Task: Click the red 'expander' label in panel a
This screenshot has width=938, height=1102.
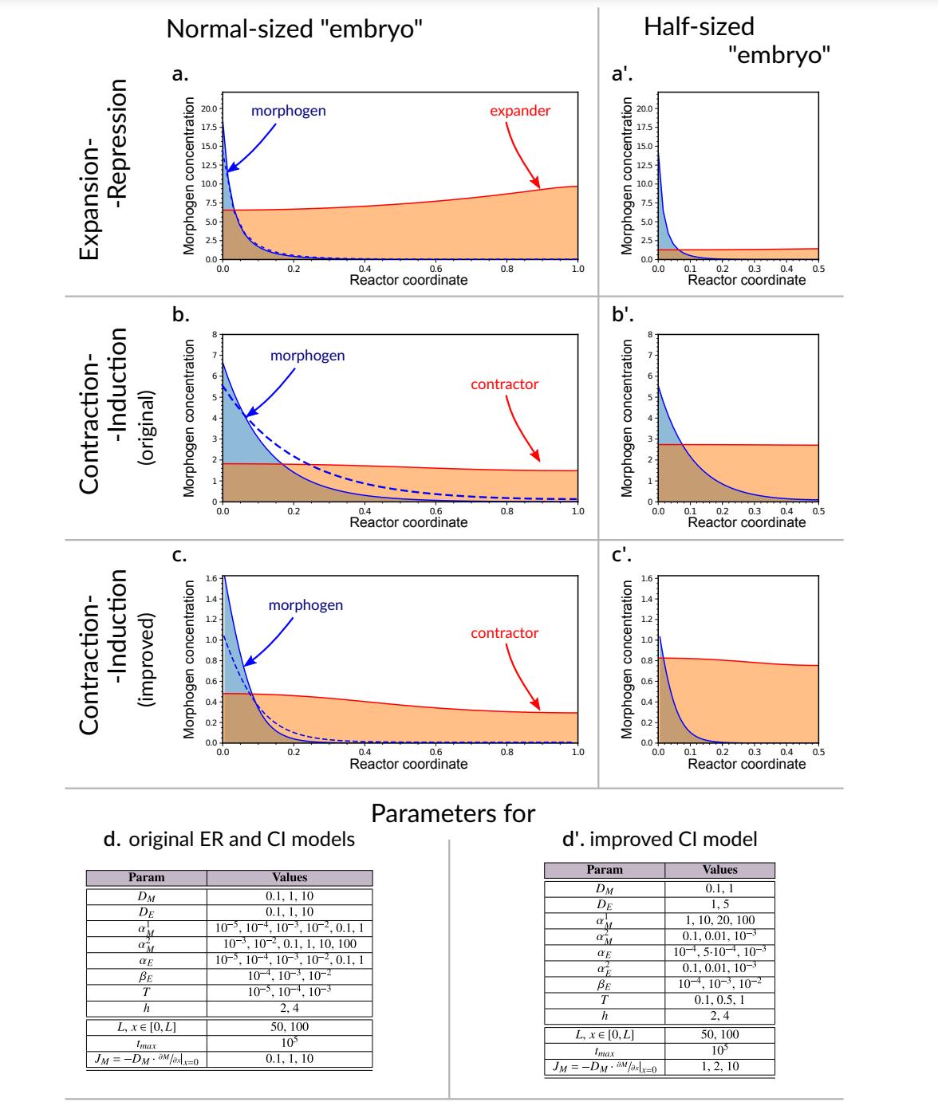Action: (x=520, y=111)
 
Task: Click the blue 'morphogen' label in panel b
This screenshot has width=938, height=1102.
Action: (x=308, y=355)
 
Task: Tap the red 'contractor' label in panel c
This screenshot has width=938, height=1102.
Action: (x=504, y=633)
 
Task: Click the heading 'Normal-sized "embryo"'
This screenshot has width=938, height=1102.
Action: (x=294, y=30)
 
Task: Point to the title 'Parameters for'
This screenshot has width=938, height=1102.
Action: (x=453, y=814)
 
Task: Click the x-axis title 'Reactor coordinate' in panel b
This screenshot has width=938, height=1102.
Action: (x=408, y=522)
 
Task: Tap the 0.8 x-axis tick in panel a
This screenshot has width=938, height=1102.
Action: (x=506, y=270)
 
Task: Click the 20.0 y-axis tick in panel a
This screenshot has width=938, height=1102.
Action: (x=207, y=108)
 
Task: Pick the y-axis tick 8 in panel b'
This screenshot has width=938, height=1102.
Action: (x=649, y=333)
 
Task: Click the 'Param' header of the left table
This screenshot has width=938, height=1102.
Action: (x=147, y=877)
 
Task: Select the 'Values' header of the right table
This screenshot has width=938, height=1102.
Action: (x=719, y=870)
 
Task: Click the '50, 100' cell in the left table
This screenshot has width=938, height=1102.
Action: (x=290, y=1028)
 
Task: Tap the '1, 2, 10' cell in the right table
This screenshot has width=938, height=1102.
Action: (x=719, y=1066)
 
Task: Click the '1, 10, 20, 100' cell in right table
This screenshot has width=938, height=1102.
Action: (x=719, y=919)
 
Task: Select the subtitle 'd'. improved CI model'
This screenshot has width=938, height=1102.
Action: (x=660, y=839)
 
